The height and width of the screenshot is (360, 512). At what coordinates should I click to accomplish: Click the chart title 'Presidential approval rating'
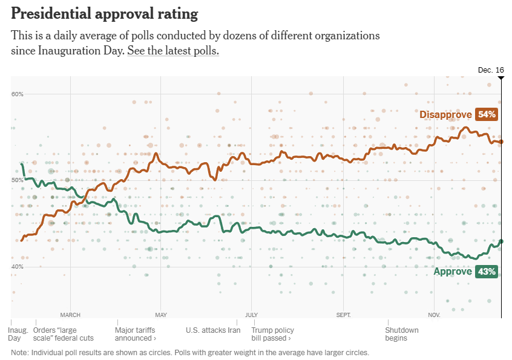[x=105, y=13]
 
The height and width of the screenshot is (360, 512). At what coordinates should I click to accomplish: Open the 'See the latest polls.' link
[x=172, y=51]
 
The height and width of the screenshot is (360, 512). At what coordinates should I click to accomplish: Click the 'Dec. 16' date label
[x=490, y=70]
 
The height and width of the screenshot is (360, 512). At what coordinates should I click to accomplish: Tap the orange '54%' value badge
[x=486, y=114]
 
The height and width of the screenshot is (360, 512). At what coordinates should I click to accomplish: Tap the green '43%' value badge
[x=486, y=272]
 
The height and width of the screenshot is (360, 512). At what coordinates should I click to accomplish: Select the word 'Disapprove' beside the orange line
[x=445, y=114]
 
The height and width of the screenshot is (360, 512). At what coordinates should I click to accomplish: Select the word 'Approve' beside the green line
[x=453, y=272]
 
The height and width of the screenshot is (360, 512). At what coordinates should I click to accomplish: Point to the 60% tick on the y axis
[x=18, y=94]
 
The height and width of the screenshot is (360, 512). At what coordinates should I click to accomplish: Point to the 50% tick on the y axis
[x=18, y=180]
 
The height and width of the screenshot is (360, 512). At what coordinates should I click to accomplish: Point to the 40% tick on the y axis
[x=18, y=267]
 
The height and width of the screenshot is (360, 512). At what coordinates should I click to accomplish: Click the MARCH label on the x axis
[x=70, y=315]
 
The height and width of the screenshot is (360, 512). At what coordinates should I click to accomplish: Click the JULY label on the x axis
[x=252, y=315]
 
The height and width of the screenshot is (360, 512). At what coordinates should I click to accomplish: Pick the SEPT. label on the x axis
[x=343, y=315]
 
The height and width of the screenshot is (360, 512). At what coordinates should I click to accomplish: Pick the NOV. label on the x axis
[x=434, y=315]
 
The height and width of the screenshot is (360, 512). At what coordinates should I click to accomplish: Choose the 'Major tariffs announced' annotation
[x=135, y=334]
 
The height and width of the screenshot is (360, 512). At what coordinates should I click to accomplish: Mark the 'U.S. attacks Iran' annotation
[x=213, y=330]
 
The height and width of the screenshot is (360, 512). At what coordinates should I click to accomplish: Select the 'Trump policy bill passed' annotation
[x=272, y=334]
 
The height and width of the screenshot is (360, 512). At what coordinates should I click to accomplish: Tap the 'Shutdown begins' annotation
[x=401, y=334]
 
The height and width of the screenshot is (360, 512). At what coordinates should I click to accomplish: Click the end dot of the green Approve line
[x=501, y=241]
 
